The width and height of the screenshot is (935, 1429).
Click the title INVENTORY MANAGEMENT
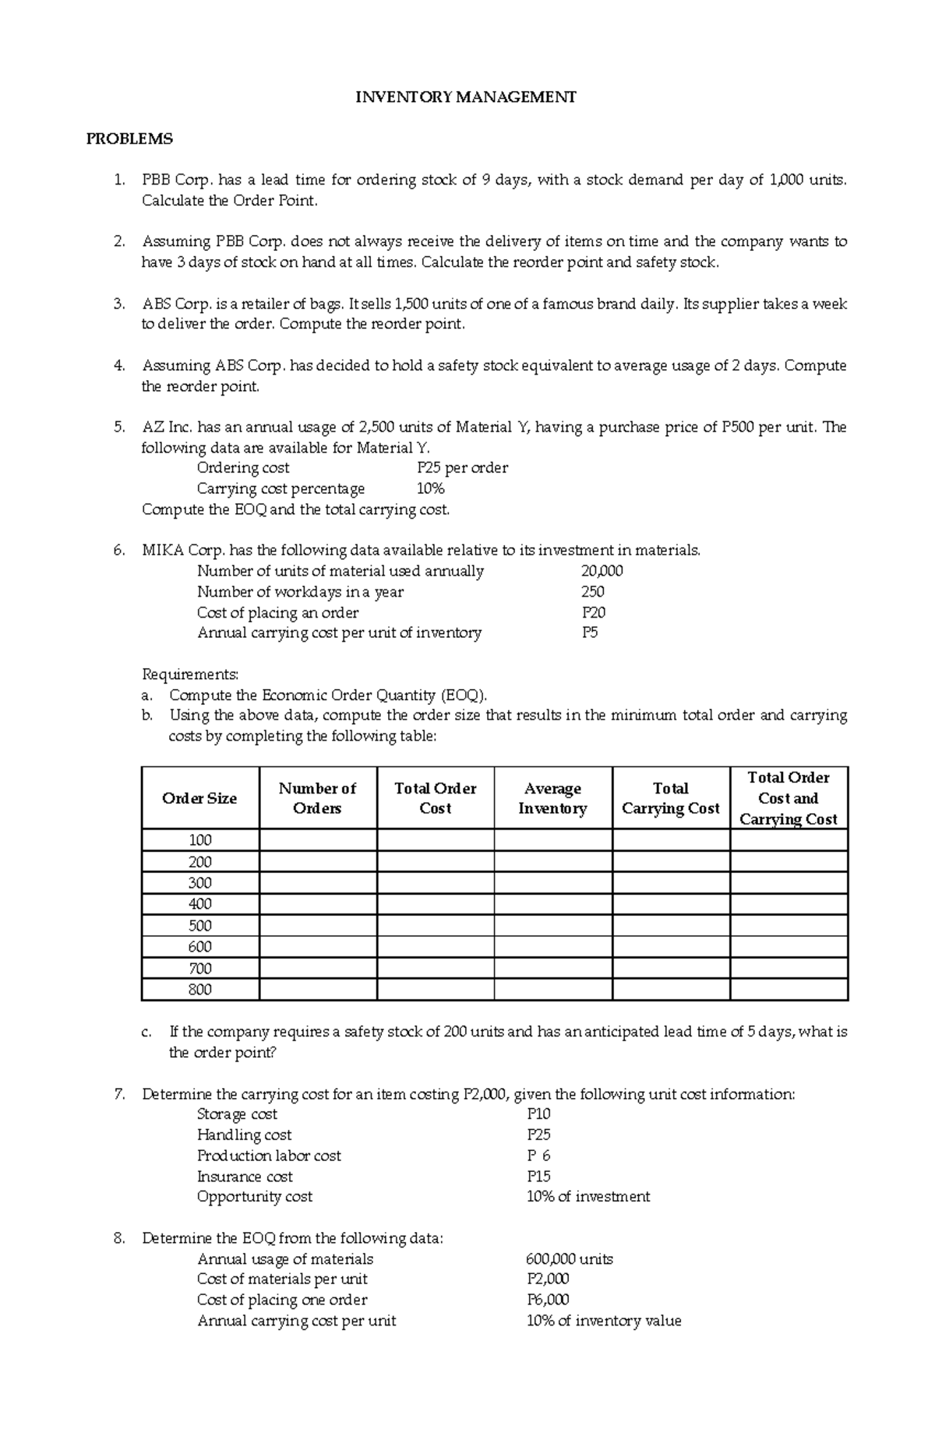(466, 97)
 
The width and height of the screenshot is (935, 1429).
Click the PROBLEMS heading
(129, 139)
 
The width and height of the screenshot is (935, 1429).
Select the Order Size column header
(199, 798)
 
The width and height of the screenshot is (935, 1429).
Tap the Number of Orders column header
(317, 798)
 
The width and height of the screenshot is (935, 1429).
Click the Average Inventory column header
(552, 798)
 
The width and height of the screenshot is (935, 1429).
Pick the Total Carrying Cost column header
(670, 798)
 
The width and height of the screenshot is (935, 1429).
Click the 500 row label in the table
(199, 926)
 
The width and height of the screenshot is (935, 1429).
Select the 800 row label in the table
(199, 990)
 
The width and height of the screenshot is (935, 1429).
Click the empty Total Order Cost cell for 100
(435, 840)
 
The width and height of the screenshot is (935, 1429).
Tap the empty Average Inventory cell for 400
(552, 904)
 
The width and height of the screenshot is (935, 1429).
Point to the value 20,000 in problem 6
(602, 571)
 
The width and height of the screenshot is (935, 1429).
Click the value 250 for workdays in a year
(592, 592)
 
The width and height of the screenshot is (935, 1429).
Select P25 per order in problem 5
(462, 468)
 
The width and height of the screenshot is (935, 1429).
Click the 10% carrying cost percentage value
(430, 489)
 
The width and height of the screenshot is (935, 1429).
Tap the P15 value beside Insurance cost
(538, 1176)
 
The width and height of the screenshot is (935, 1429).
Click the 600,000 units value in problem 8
(570, 1259)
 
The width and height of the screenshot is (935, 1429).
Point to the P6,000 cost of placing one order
(548, 1300)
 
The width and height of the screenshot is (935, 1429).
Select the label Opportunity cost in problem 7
(254, 1196)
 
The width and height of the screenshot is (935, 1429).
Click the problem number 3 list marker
(119, 304)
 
